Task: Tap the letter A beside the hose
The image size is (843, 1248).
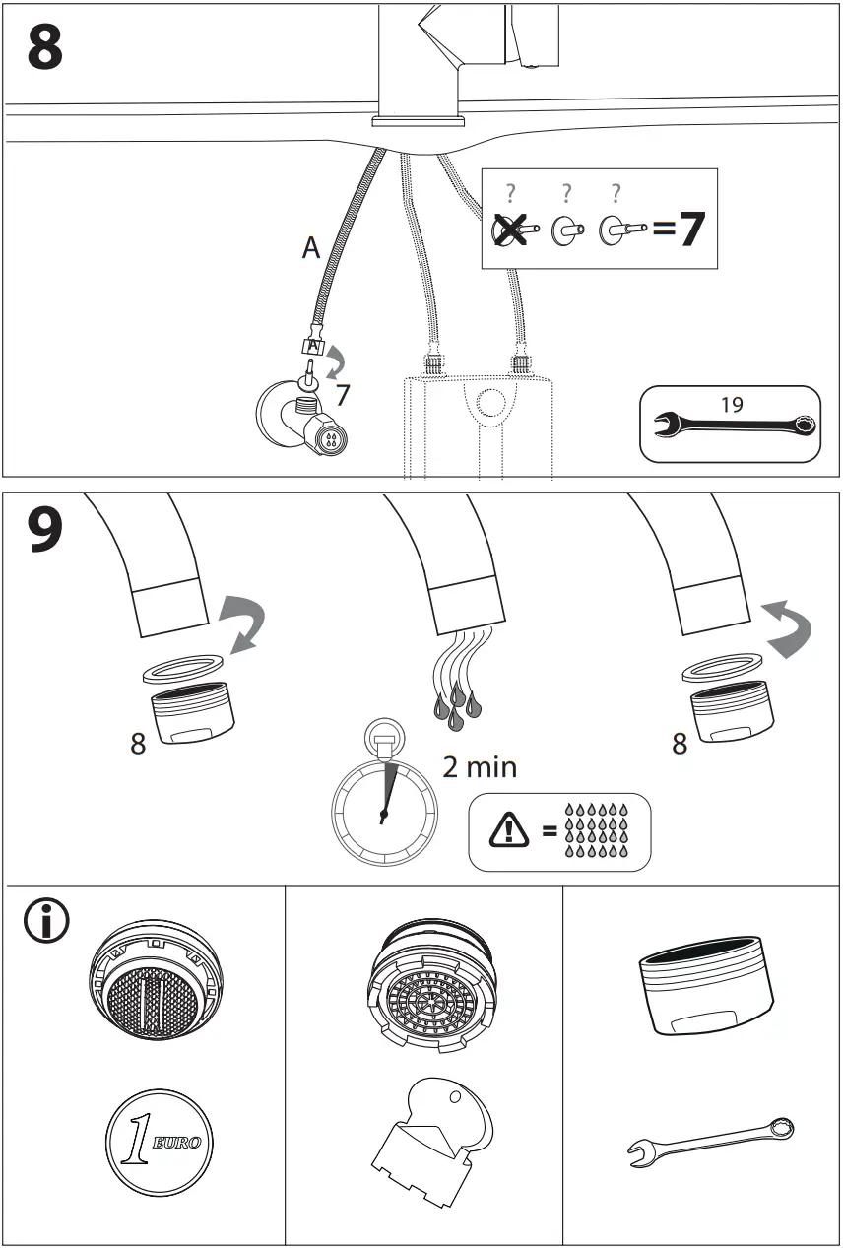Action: click(311, 249)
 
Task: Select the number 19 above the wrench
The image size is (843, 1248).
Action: click(731, 404)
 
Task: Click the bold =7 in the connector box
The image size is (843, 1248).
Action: click(679, 229)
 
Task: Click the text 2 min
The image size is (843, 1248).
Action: click(480, 766)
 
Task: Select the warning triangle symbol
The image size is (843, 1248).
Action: click(509, 830)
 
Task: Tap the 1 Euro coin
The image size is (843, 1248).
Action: click(161, 1143)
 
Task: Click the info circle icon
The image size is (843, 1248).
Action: click(45, 922)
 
